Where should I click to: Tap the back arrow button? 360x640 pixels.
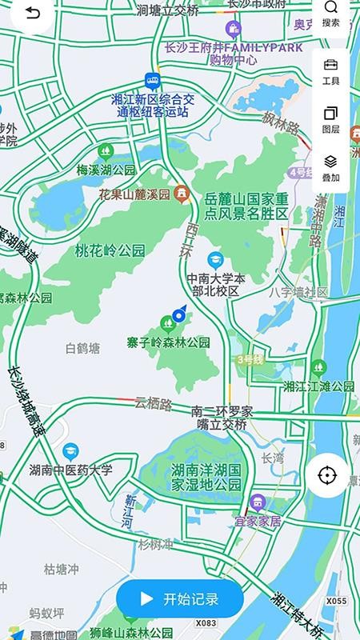click(x=30, y=14)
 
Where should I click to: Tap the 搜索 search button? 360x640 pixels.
click(x=330, y=14)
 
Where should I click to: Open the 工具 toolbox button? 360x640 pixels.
click(x=330, y=71)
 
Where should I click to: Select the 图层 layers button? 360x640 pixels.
click(x=330, y=120)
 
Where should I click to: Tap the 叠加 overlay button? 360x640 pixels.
click(x=330, y=168)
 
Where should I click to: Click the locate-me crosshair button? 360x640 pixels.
click(x=327, y=476)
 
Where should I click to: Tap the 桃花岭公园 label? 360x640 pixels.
click(x=110, y=250)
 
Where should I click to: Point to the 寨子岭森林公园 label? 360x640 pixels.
click(x=168, y=342)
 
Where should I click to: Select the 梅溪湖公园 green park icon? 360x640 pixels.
click(x=106, y=150)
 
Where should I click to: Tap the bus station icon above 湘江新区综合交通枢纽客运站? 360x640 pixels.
click(x=151, y=80)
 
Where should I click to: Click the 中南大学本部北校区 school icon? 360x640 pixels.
click(x=214, y=260)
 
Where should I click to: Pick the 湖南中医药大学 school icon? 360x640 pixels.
click(x=71, y=451)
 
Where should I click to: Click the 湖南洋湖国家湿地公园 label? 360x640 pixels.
click(x=206, y=478)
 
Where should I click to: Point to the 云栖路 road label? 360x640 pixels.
click(x=154, y=404)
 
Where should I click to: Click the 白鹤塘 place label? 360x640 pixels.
click(x=83, y=348)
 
